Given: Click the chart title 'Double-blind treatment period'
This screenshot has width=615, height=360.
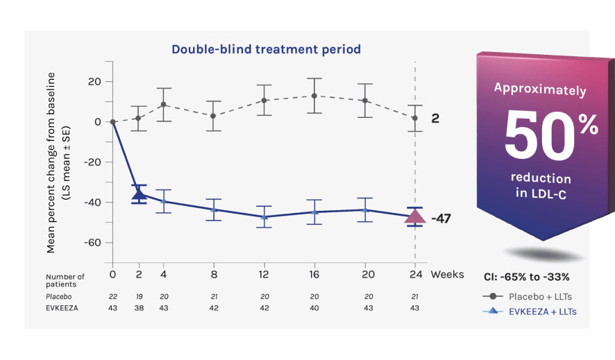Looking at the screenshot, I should click(266, 49).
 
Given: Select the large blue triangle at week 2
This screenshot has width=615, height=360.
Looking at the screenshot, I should click(139, 194).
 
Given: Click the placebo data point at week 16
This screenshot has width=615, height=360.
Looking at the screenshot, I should click(314, 96).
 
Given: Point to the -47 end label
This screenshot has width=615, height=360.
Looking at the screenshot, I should click(441, 218).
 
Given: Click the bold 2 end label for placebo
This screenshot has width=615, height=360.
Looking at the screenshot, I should click(435, 119).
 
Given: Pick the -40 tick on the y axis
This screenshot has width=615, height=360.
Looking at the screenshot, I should click(92, 202).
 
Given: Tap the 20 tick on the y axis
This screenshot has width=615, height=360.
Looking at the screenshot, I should click(94, 81).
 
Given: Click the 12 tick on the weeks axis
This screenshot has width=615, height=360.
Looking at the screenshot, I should click(264, 274).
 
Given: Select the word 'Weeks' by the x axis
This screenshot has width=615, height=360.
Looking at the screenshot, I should click(447, 274).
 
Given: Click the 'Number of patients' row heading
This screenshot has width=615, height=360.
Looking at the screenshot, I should click(65, 280).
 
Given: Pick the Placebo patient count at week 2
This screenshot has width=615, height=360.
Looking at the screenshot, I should click(139, 296).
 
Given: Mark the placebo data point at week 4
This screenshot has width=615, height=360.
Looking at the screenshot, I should click(163, 105).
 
